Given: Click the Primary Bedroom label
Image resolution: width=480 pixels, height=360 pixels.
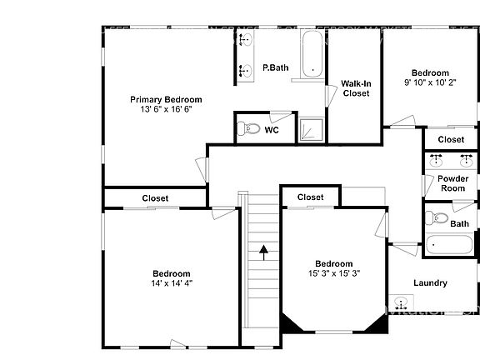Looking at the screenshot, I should tap(166, 99).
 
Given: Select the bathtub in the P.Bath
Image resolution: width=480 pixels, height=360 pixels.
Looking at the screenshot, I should tap(312, 55).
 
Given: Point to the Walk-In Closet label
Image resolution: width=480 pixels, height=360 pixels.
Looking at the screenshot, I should tap(356, 88).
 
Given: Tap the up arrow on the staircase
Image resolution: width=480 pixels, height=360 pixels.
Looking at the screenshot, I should tap(264, 251).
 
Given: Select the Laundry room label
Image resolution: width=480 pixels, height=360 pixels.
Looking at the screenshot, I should tap(430, 282).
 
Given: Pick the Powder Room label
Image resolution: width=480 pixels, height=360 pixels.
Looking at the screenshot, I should tap(453, 183).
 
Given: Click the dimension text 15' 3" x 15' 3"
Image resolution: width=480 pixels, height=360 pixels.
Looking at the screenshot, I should tap(333, 273).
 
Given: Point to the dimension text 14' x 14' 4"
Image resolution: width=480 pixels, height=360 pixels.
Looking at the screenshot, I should tap(172, 283).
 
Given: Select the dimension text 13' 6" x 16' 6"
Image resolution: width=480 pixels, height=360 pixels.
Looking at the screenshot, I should tap(166, 109).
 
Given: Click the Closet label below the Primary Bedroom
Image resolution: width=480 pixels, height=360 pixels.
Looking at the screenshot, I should tap(155, 198).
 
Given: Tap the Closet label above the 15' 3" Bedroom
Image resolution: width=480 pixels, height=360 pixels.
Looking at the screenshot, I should tap(310, 197).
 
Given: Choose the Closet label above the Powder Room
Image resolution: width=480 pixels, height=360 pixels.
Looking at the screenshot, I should tap(451, 139).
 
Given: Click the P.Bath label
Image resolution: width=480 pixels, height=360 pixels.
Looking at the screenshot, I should tap(275, 67).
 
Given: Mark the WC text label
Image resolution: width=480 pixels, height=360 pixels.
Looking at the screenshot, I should tap(272, 130).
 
